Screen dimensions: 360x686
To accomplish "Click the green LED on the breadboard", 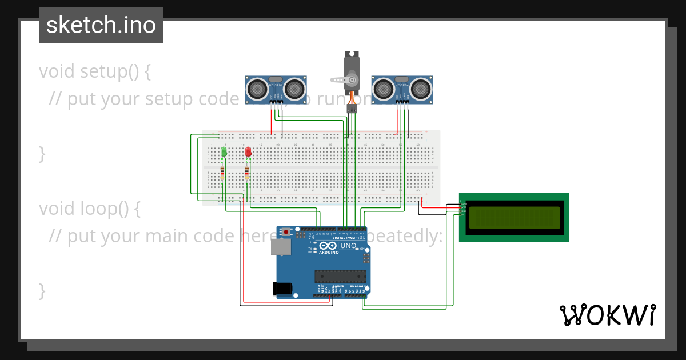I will pos(224,152).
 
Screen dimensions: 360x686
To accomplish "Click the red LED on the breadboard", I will pos(248,152).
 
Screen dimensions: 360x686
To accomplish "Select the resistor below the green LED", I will pos(222,173).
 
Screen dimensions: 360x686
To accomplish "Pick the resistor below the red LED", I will pos(247,173).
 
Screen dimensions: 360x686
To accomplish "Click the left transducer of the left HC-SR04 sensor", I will pos(256,88).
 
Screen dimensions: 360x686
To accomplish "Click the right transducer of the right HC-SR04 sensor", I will pos(421,88).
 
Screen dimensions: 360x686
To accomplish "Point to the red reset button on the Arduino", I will pos(285,233).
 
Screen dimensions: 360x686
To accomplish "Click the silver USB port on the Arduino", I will pos(280,246).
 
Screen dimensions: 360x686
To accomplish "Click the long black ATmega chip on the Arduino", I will pos(340,276).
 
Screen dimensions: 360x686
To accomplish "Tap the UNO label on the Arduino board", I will pos(348,246).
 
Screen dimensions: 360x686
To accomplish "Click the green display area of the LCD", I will pos(514,217).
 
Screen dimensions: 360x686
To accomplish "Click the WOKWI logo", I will pos(607,315).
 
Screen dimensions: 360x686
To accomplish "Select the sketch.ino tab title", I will pos(101,25).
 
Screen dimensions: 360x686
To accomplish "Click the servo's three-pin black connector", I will pos(352,108).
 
